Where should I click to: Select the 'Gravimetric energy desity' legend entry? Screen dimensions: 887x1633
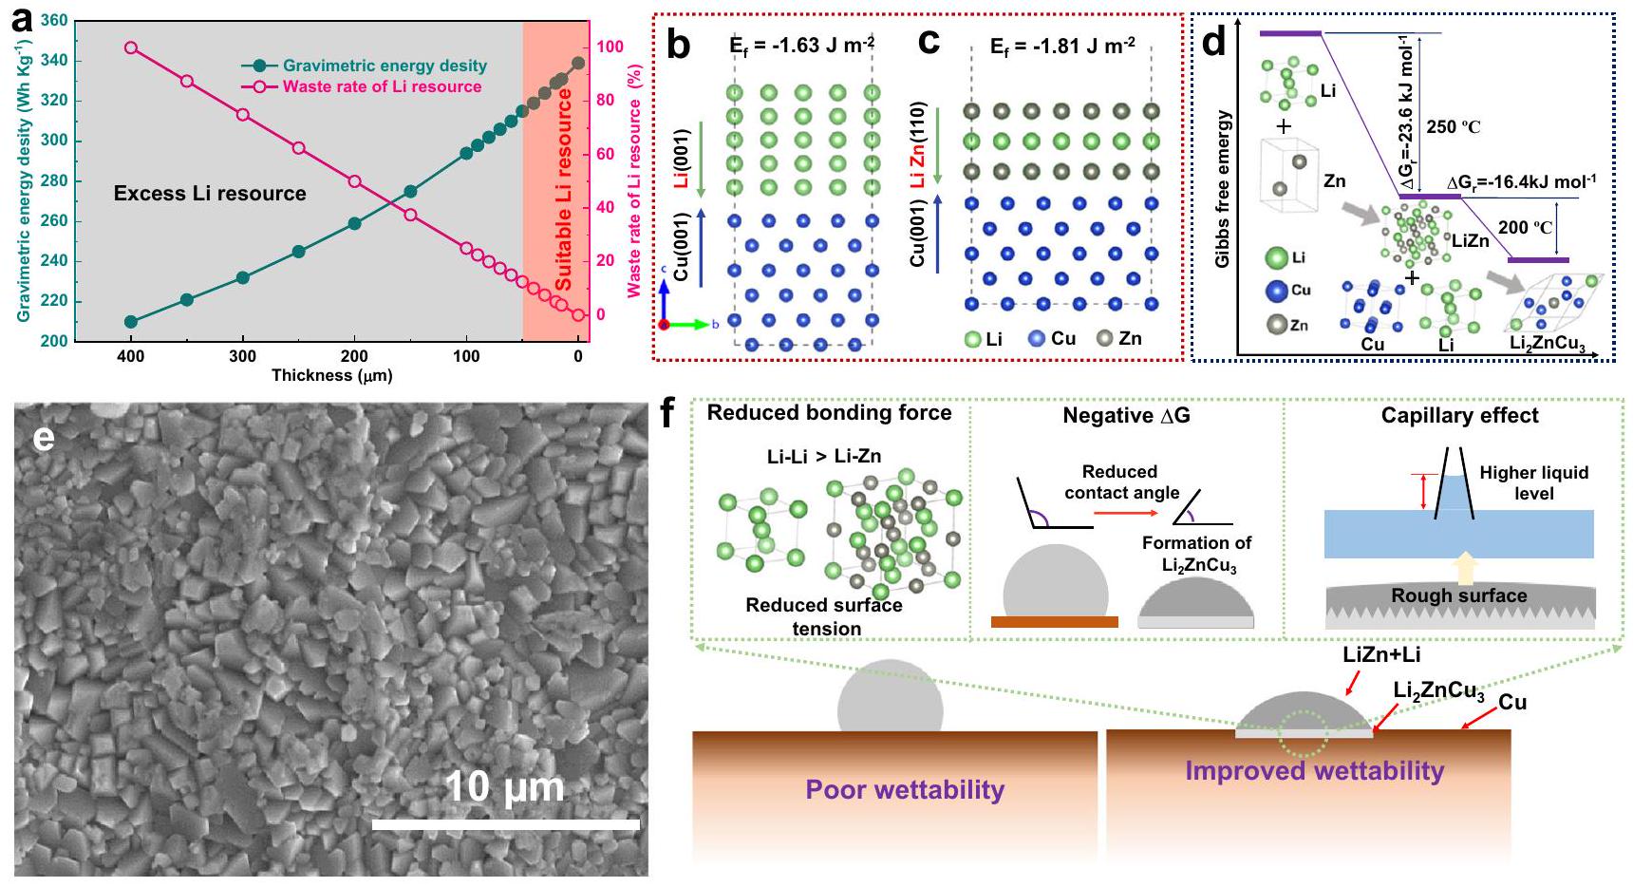pos(384,66)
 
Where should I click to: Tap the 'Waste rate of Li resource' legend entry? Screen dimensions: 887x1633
pos(381,86)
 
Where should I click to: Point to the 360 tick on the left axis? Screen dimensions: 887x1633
pos(54,21)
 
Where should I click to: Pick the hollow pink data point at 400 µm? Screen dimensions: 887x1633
pos(131,47)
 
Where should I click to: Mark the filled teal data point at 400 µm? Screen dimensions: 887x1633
pos(131,322)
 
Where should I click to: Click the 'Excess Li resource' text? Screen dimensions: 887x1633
pos(210,194)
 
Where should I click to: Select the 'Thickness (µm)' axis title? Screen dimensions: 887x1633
pos(331,375)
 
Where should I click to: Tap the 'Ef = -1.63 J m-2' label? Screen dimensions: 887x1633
pos(801,45)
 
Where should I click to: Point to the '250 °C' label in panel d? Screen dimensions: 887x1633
pos(1453,127)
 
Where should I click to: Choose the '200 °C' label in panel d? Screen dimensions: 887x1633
pos(1525,227)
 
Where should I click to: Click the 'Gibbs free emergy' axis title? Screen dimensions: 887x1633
pos(1222,189)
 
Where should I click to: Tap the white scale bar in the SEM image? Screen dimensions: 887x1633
pos(505,824)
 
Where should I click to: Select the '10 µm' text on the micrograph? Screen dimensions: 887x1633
pos(504,787)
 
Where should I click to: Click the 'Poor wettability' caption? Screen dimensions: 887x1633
pos(905,789)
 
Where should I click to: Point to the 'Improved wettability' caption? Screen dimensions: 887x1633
pos(1314,770)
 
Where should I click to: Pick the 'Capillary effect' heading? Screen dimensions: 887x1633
pos(1459,415)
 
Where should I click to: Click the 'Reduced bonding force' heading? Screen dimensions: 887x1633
pos(829,412)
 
